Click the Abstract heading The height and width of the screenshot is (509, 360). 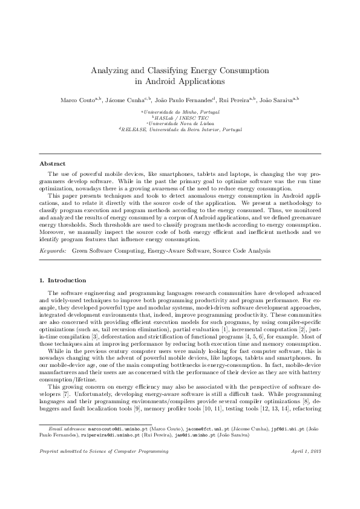pyautogui.click(x=53, y=164)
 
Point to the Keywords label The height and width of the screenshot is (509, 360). pyautogui.click(x=53, y=250)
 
